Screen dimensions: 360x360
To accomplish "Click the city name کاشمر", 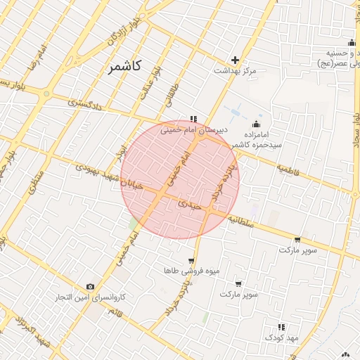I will coord(125,67).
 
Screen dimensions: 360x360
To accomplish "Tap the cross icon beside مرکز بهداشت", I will coord(235,60).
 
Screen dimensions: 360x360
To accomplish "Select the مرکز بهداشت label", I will coord(236,71).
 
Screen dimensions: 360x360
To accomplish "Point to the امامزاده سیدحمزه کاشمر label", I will coord(262,139).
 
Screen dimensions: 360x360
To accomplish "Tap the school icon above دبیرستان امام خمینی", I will coord(193,119).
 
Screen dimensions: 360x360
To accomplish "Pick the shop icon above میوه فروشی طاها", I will coord(191,261).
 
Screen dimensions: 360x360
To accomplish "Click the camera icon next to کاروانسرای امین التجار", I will coord(90,286).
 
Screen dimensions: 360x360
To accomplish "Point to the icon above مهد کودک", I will coord(281,327).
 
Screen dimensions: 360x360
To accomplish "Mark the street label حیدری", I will coord(190,205).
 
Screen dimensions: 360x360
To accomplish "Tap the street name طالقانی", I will coord(173,96).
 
